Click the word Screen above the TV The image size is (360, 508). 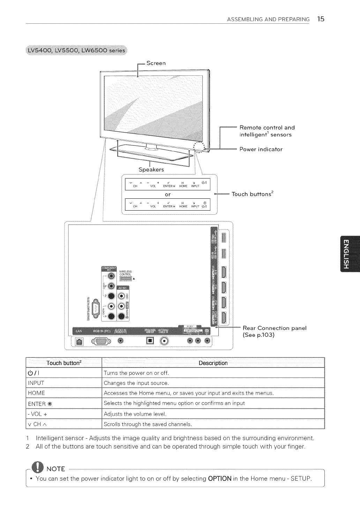tap(156, 63)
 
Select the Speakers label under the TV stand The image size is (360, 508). tap(151, 169)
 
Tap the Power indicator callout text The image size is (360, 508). tap(261, 149)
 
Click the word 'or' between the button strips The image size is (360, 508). tap(167, 194)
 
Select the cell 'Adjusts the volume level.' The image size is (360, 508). tap(135, 414)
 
